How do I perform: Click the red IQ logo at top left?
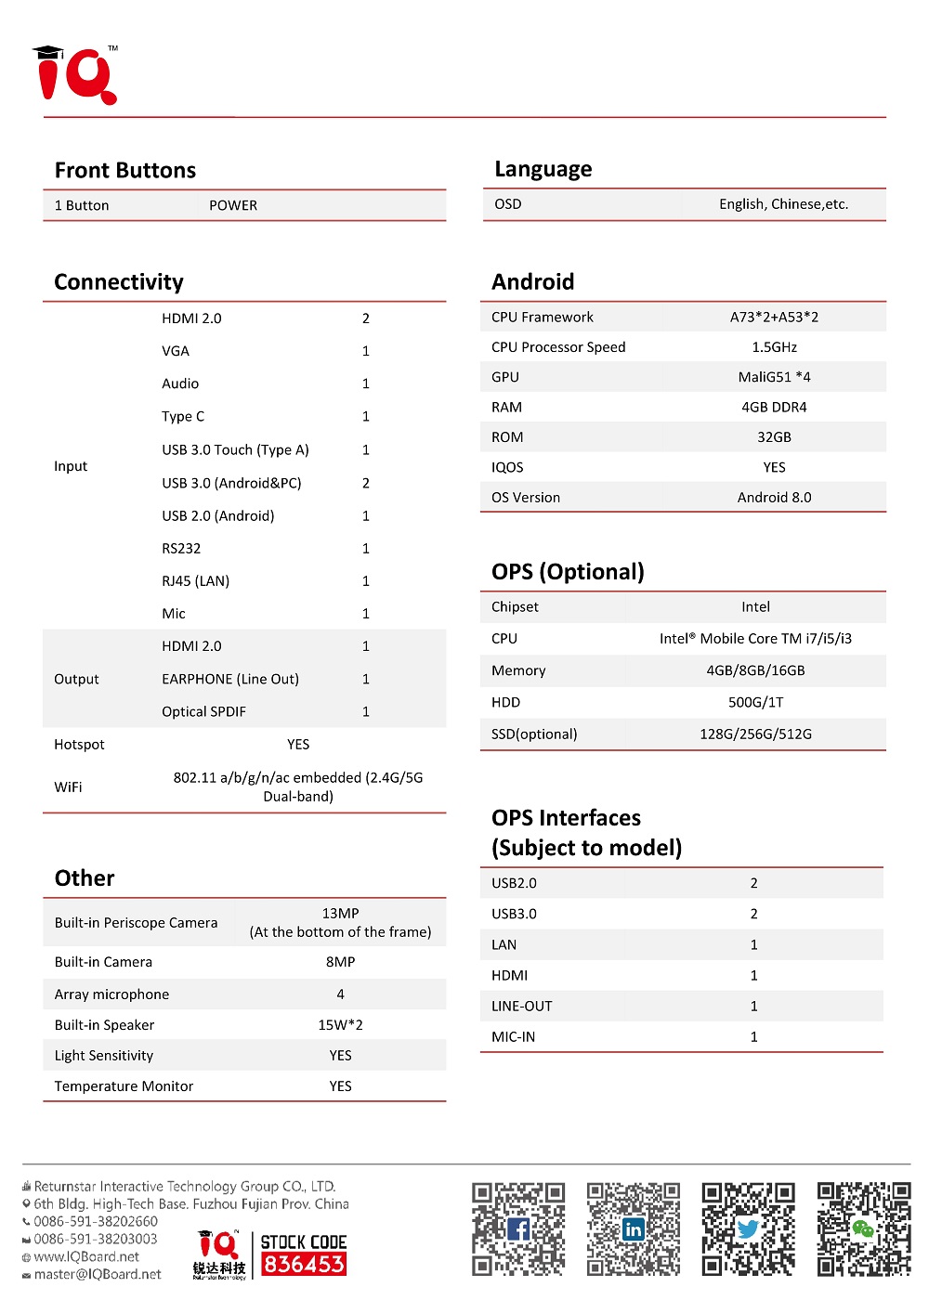tap(76, 75)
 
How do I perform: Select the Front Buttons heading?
tap(125, 171)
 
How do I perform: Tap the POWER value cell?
tap(233, 206)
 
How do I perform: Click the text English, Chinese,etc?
tap(783, 204)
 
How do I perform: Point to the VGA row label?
tap(176, 351)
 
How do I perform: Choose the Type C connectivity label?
tap(183, 417)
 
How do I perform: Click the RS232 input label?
tap(181, 549)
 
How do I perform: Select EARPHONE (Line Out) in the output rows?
tap(230, 680)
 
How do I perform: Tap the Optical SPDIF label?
tap(203, 712)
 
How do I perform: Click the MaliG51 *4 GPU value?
tap(774, 377)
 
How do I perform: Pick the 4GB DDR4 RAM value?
tap(774, 408)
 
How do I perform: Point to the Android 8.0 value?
tap(774, 498)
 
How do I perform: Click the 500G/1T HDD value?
tap(755, 703)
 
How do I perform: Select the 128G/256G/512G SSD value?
tap(755, 734)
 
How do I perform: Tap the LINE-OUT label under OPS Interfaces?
tap(521, 1007)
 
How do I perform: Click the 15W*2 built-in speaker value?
tap(340, 1025)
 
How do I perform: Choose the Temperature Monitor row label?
tap(124, 1086)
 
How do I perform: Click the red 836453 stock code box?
tap(304, 1264)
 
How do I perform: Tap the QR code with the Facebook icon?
tap(518, 1228)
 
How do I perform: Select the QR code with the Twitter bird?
tap(748, 1228)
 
